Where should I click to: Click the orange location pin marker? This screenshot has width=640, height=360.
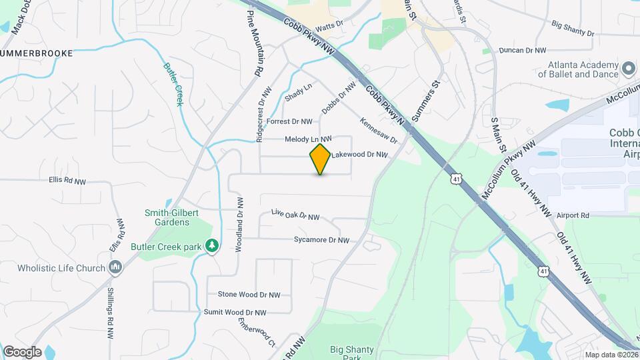(320, 159)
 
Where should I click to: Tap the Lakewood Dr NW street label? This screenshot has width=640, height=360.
(360, 155)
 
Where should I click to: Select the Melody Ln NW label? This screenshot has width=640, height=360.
(308, 139)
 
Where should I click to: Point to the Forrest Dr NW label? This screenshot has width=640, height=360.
(290, 121)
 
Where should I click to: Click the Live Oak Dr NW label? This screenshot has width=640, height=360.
(295, 215)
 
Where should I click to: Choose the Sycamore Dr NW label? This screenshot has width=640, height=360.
(321, 240)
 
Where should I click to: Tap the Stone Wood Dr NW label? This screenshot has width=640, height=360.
(249, 295)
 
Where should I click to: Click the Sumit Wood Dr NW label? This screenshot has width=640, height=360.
(235, 312)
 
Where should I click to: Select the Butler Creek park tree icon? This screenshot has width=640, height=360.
(212, 247)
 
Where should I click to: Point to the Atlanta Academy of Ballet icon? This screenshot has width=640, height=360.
(627, 69)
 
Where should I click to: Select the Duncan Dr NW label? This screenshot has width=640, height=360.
(523, 50)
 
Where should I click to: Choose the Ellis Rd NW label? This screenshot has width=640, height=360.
(67, 181)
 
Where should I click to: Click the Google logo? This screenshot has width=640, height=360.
(22, 352)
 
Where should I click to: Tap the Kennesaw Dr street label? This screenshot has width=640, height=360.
(379, 131)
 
